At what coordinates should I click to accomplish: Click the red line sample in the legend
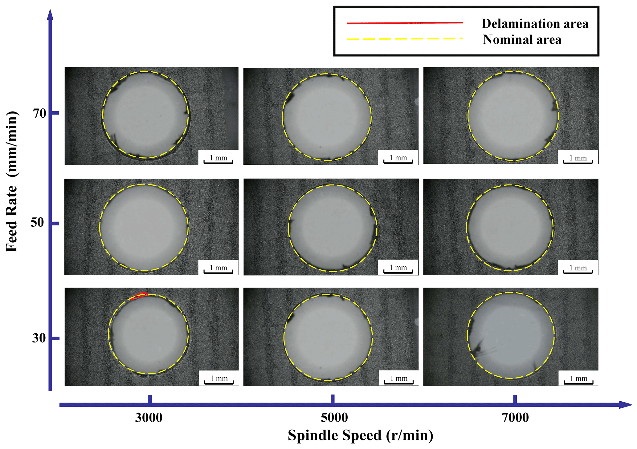(x=405, y=23)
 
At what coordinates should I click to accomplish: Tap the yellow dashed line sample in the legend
(x=405, y=39)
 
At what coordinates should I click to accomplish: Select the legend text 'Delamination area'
(x=535, y=24)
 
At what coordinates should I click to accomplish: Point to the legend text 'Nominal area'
(x=522, y=40)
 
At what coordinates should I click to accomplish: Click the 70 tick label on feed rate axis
(x=39, y=113)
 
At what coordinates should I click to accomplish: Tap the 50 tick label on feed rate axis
(x=37, y=222)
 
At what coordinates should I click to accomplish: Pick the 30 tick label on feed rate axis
(x=39, y=338)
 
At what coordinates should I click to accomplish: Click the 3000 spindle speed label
(x=149, y=418)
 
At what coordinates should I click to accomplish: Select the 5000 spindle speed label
(x=334, y=418)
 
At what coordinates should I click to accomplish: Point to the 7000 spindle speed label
(x=515, y=418)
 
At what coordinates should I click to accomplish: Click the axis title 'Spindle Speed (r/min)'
(x=360, y=435)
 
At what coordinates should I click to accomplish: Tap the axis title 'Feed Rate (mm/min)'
(x=12, y=182)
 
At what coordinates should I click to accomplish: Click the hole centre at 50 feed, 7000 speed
(x=510, y=228)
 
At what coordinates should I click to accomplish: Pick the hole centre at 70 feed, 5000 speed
(x=327, y=117)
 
